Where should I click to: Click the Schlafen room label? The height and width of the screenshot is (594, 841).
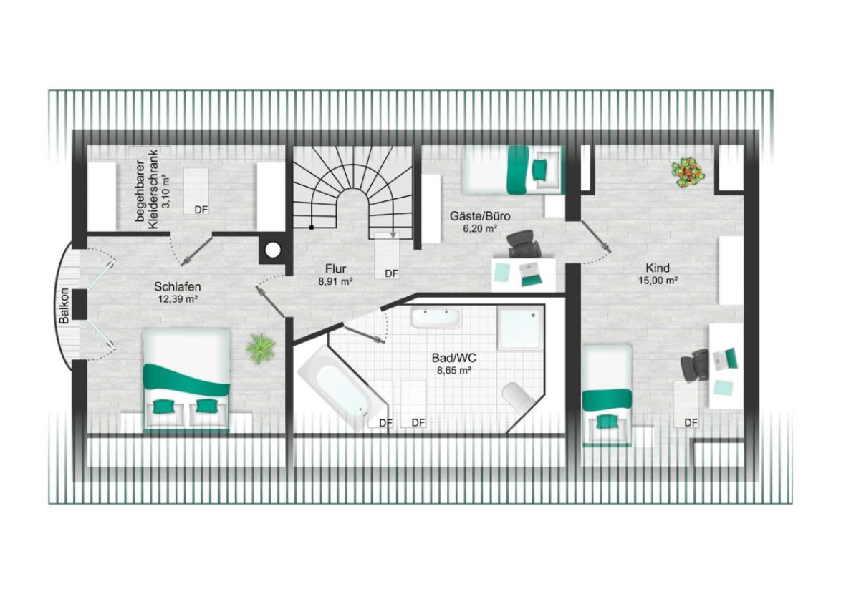click(177, 287)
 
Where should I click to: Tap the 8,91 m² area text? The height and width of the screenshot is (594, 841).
click(335, 281)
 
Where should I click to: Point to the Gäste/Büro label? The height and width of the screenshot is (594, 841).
click(479, 216)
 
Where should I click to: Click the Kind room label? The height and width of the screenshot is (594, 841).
click(658, 268)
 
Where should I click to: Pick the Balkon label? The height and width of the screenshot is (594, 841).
click(64, 306)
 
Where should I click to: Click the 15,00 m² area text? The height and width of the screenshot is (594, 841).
click(658, 280)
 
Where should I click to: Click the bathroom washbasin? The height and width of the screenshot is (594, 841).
click(435, 318)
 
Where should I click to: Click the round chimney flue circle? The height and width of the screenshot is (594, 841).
click(274, 250)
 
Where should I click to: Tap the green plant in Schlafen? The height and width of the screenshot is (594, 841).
click(261, 349)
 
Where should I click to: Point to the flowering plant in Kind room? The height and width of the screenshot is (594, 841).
click(688, 172)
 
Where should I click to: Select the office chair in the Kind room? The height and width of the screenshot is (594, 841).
click(695, 365)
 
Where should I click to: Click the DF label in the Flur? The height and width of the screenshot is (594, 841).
click(392, 273)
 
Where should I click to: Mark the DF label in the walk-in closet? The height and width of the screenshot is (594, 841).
click(201, 210)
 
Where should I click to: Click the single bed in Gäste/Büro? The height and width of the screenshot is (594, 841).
click(513, 170)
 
